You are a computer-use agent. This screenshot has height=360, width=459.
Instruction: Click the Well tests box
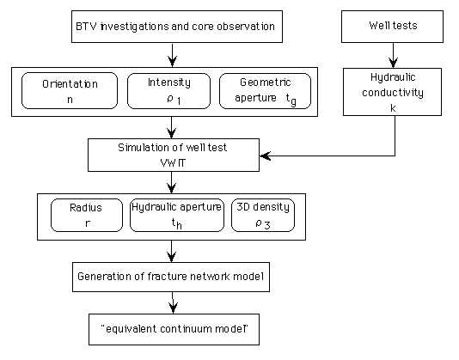[x=392, y=27]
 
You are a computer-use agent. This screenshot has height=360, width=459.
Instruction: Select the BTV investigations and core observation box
[x=177, y=27]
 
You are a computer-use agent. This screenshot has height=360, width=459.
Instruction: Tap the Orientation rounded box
[x=70, y=91]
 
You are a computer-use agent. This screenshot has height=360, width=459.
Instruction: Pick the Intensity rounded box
[x=169, y=91]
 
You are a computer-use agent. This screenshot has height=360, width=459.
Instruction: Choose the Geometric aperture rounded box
[x=266, y=91]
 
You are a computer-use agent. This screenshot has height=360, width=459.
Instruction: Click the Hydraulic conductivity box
[x=392, y=92]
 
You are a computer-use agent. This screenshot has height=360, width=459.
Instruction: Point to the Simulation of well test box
[x=174, y=155]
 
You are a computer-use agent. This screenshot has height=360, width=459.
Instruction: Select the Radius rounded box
[x=87, y=215]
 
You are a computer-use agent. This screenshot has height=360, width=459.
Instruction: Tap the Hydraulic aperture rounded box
[x=177, y=215]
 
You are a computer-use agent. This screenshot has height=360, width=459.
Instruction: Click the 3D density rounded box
[x=263, y=215]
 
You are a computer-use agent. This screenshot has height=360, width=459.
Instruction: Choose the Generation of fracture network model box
[x=171, y=277]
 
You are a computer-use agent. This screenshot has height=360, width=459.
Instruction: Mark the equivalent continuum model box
[x=174, y=329]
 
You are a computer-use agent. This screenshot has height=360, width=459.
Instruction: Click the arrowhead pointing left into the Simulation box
[x=266, y=156]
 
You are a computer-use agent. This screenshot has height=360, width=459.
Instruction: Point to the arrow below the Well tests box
[x=393, y=55]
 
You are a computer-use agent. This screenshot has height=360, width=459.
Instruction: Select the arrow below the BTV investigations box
[x=173, y=55]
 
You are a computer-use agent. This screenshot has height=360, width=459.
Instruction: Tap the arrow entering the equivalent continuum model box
[x=173, y=302]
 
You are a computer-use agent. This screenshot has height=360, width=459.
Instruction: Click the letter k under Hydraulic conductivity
[x=393, y=108]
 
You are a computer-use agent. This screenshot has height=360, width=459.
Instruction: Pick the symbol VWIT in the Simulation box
[x=173, y=162]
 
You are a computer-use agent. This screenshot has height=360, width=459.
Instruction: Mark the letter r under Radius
[x=87, y=223]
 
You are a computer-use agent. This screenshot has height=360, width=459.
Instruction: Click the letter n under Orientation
[x=70, y=100]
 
